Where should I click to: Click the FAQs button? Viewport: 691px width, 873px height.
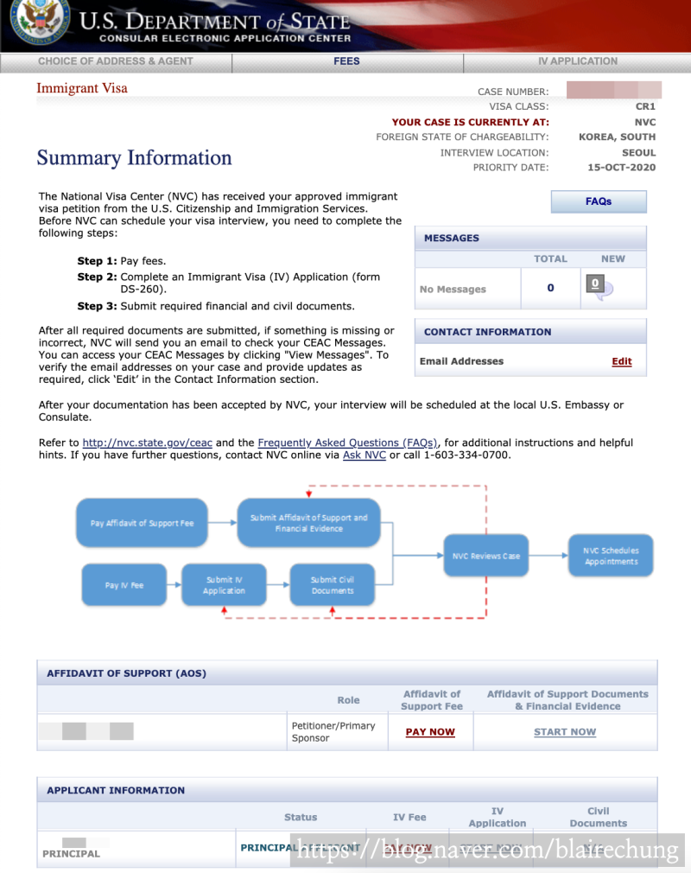coord(598,201)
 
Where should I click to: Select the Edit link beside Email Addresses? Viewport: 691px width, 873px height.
coord(621,361)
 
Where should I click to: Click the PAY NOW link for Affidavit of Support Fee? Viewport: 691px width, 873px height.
coord(430,732)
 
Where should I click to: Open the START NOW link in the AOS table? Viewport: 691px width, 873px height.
coord(565,732)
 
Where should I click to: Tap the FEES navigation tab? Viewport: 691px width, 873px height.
coord(347,61)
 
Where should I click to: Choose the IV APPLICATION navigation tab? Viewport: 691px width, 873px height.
coord(577,61)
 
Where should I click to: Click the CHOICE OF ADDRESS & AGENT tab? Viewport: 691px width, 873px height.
coord(116,61)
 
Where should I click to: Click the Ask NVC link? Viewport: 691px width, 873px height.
coord(364,455)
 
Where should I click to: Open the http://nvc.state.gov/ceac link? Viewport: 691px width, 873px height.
coord(147,443)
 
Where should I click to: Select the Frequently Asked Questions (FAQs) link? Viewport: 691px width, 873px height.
coord(347,443)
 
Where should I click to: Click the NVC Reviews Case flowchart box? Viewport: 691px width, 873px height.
coord(486,556)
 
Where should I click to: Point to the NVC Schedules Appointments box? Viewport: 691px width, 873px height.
coord(611,556)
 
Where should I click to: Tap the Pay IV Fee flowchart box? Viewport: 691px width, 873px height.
coord(124,585)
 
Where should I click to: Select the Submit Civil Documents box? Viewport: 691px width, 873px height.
coord(333,585)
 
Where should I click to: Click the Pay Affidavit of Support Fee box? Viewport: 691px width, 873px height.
coord(142,523)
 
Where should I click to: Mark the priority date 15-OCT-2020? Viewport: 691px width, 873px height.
coord(621,168)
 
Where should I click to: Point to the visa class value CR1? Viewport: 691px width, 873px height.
coord(645,107)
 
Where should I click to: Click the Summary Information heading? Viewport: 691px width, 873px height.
coord(134,158)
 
